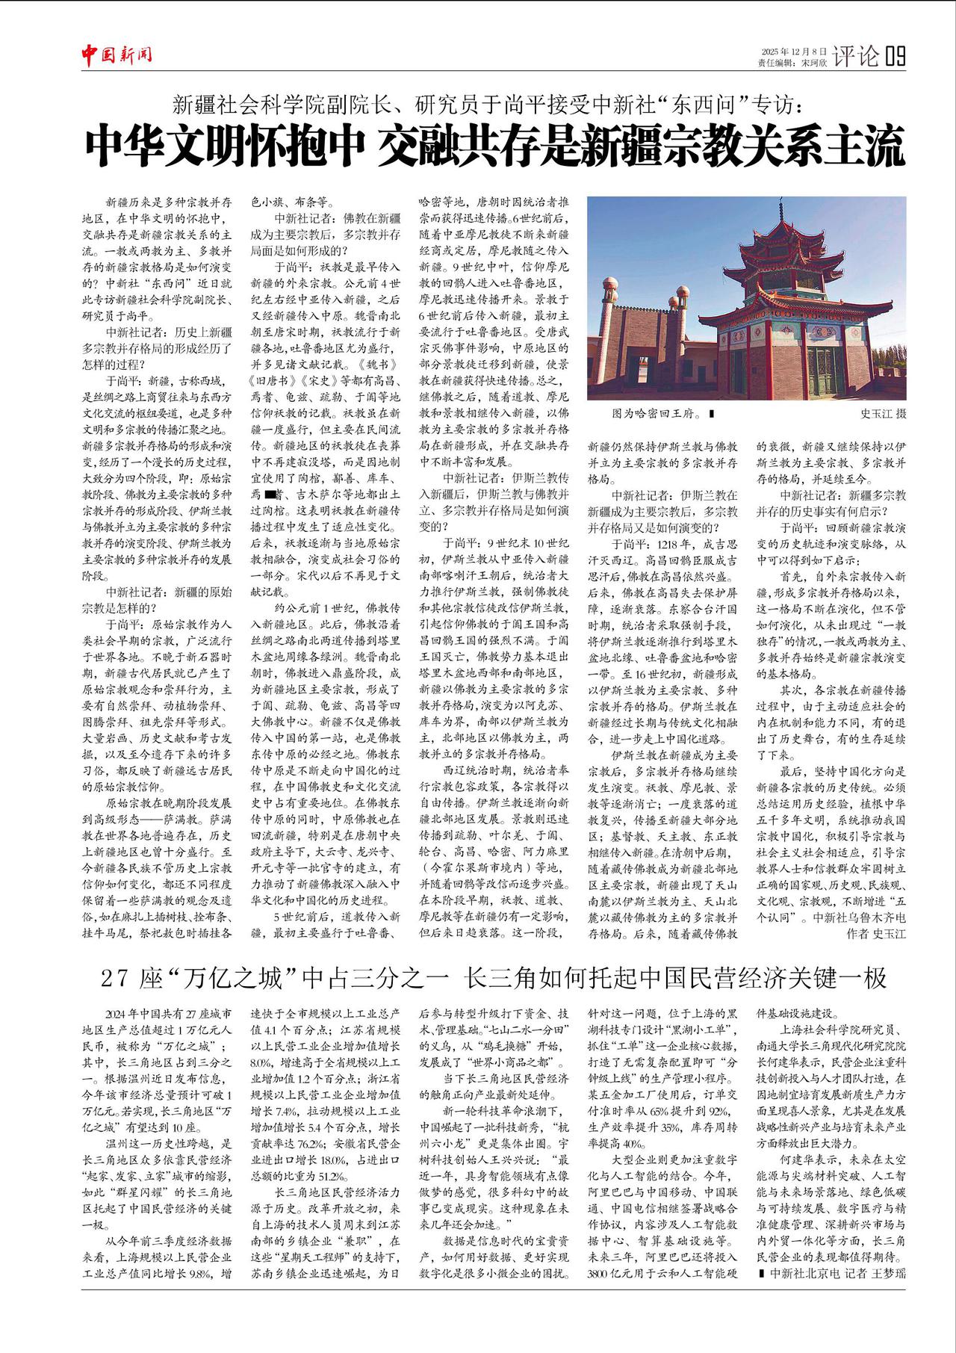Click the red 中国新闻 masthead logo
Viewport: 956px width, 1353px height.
click(x=117, y=55)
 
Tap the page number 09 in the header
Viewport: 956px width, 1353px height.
click(x=896, y=56)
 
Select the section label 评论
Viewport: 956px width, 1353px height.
click(x=856, y=56)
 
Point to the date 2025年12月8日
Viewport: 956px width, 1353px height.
click(x=793, y=51)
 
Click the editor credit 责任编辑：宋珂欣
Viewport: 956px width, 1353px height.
click(x=792, y=64)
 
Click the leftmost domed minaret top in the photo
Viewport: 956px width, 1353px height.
click(x=609, y=286)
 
